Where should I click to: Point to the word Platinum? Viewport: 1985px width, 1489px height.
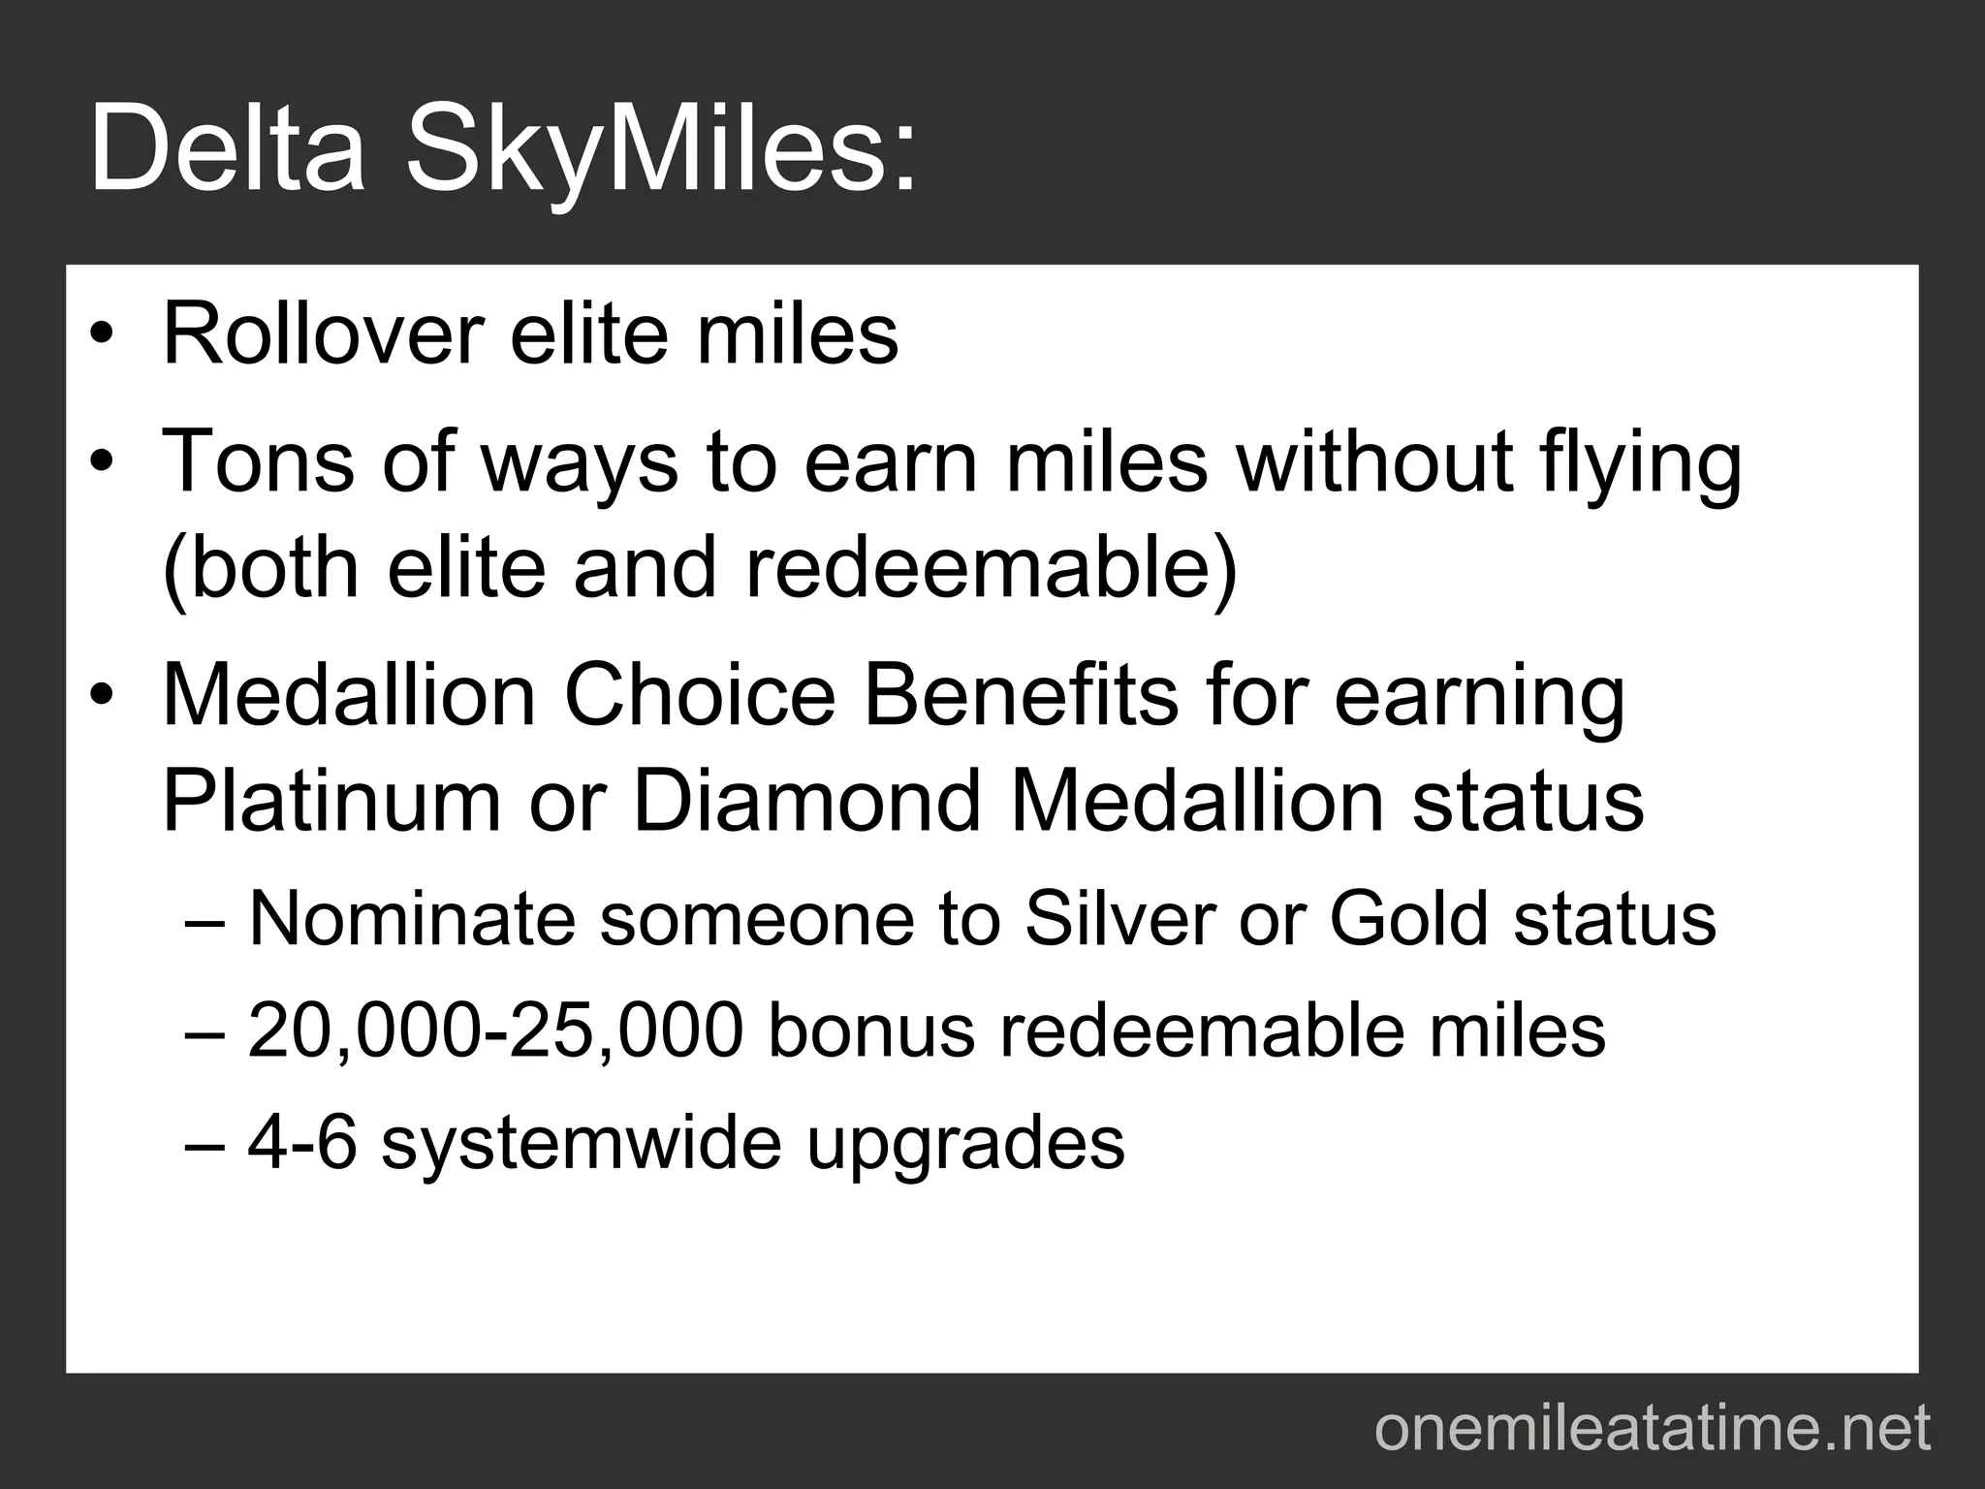(x=331, y=802)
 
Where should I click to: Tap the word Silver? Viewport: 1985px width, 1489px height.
(x=1119, y=918)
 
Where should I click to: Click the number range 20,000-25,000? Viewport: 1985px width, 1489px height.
(x=495, y=1030)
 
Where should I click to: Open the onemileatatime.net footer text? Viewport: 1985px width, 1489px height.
(x=1653, y=1429)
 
